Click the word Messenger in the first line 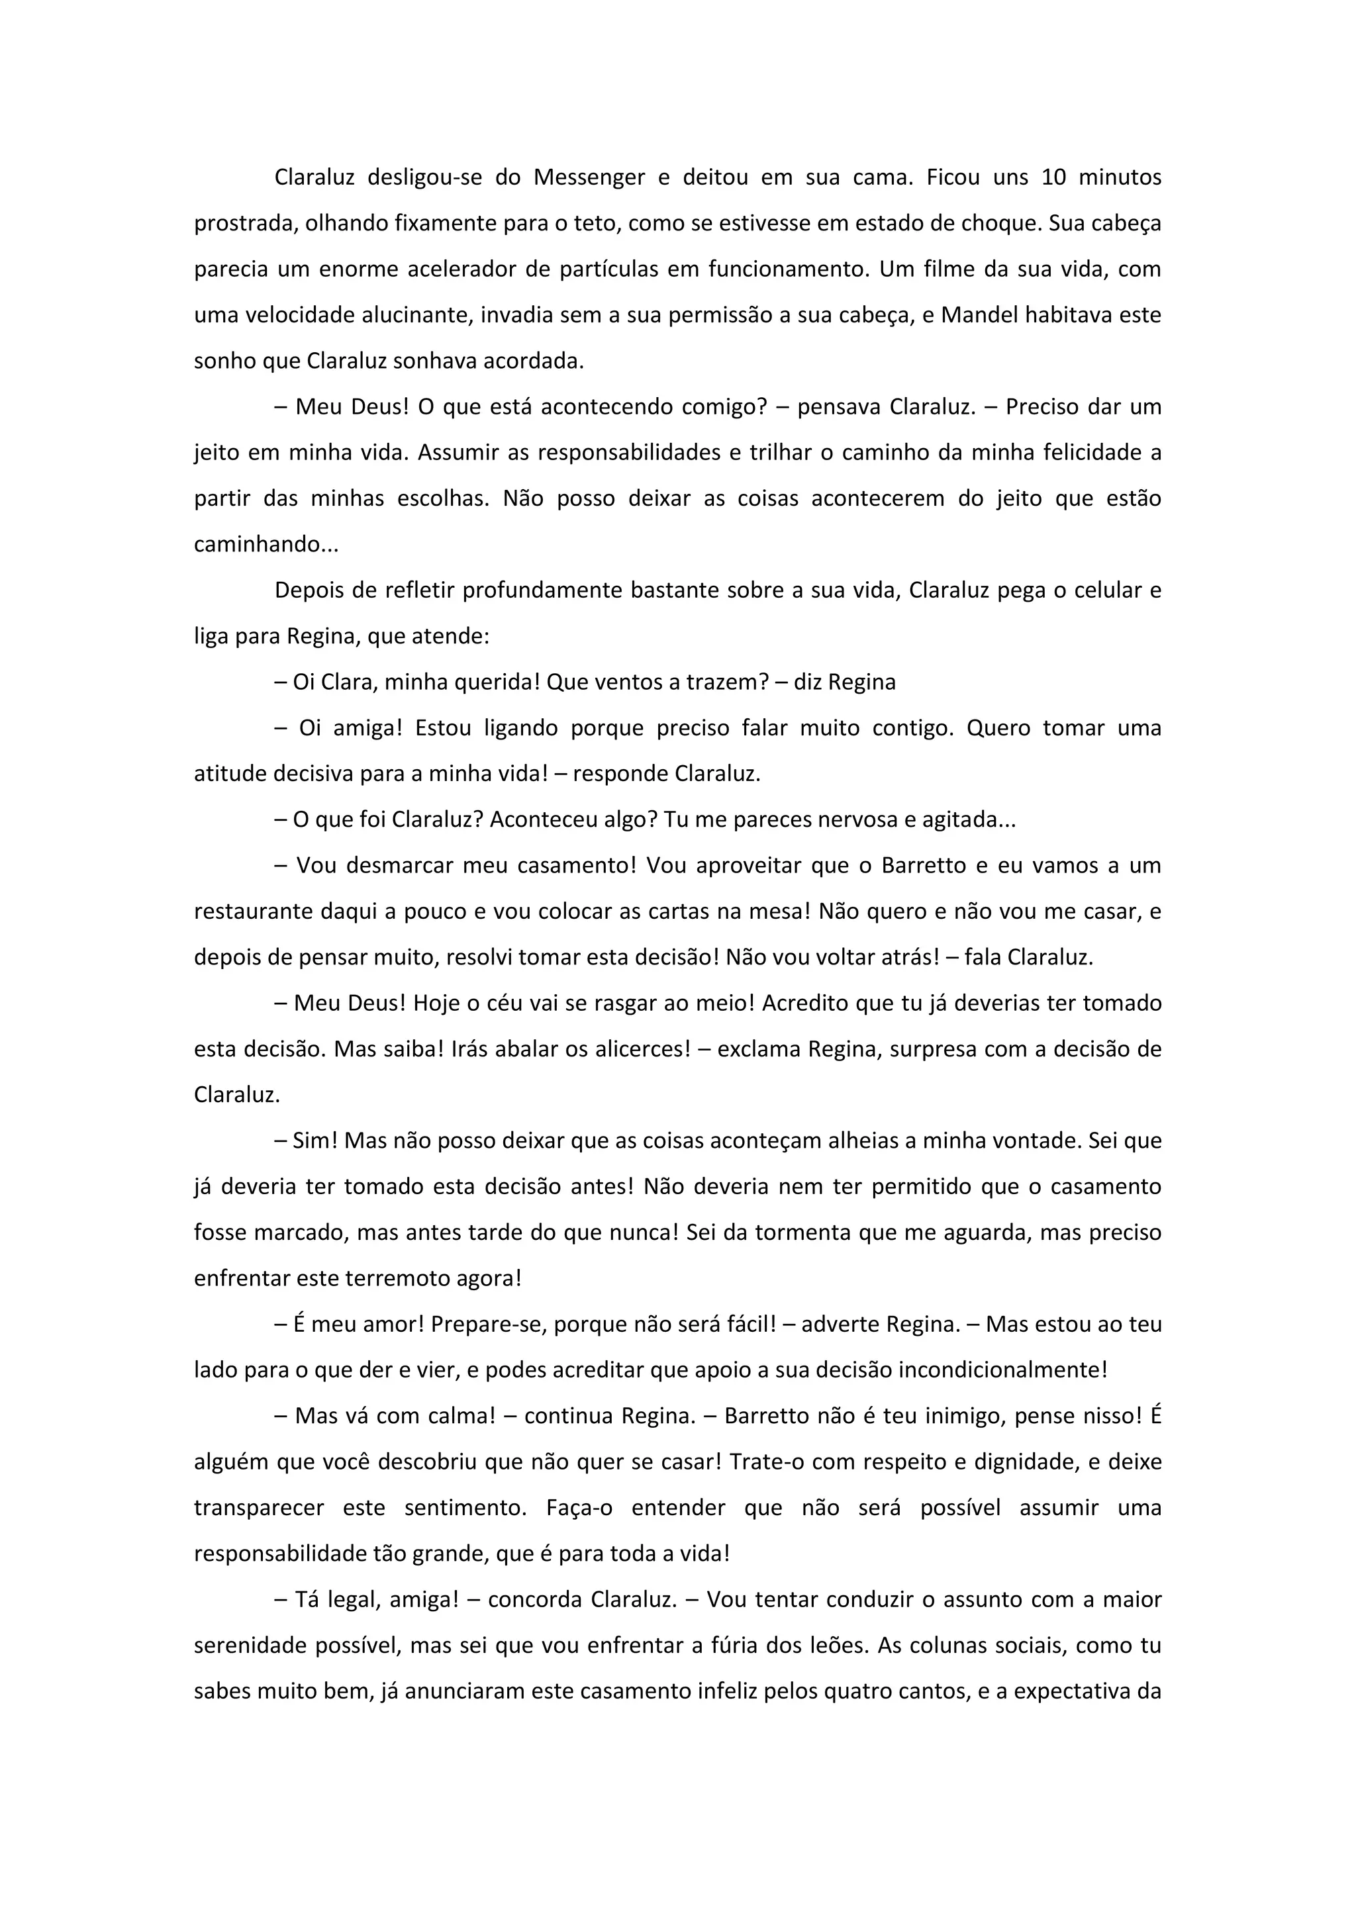click(589, 178)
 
